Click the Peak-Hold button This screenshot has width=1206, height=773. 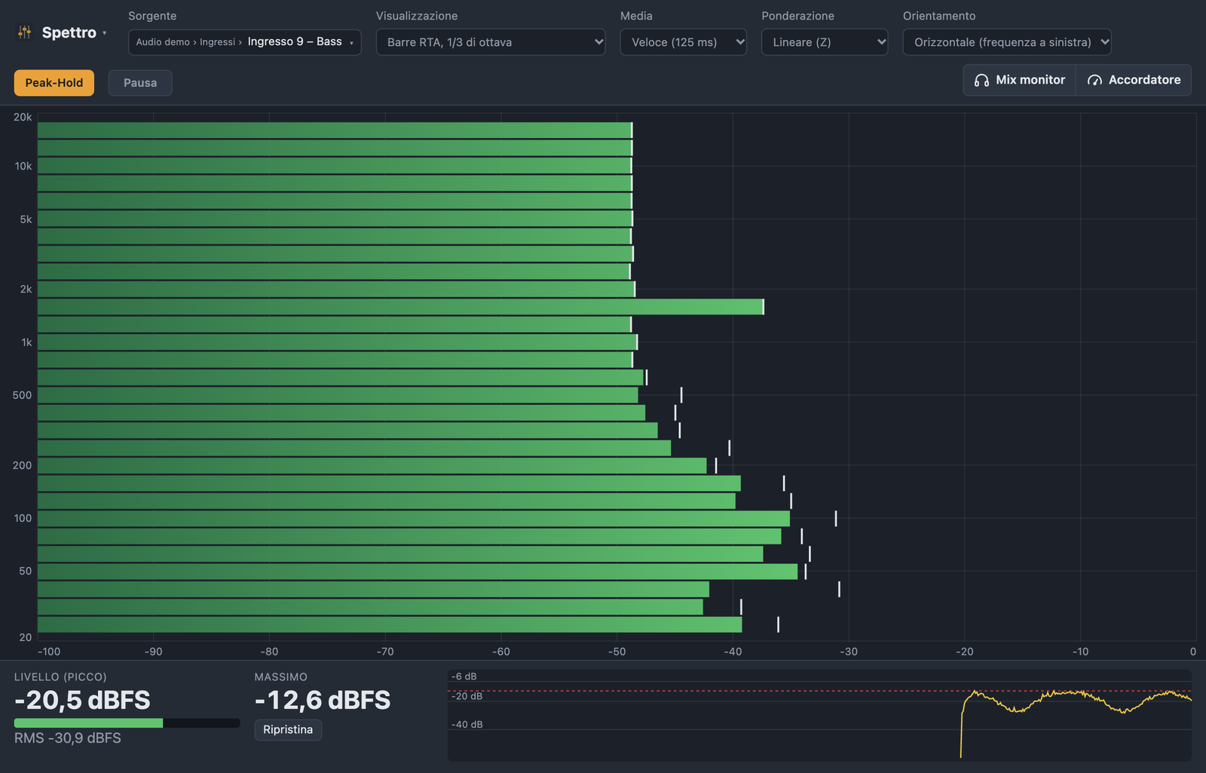click(x=54, y=83)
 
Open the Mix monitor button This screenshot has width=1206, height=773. click(x=1019, y=80)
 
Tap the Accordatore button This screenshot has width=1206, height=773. click(x=1134, y=80)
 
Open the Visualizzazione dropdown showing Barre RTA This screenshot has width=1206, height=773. click(x=491, y=42)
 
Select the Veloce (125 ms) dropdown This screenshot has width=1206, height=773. click(x=683, y=42)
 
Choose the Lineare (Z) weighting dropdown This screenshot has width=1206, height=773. click(x=825, y=42)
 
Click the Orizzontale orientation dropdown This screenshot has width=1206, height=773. click(x=1007, y=42)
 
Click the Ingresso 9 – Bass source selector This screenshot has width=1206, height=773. click(x=244, y=42)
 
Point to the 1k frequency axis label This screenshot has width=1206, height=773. click(x=26, y=342)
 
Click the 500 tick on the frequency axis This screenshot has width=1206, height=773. click(x=22, y=395)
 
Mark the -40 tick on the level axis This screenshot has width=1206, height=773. click(x=733, y=652)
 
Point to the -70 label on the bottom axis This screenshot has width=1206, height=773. click(x=385, y=652)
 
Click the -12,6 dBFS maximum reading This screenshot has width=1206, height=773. click(x=323, y=701)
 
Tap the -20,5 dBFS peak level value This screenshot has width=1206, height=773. click(x=82, y=701)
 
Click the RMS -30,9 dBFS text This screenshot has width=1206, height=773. click(x=68, y=738)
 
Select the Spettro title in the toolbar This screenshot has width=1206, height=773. click(x=69, y=33)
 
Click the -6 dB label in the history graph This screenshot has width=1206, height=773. click(x=464, y=676)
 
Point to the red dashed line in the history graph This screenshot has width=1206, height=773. click(x=819, y=691)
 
